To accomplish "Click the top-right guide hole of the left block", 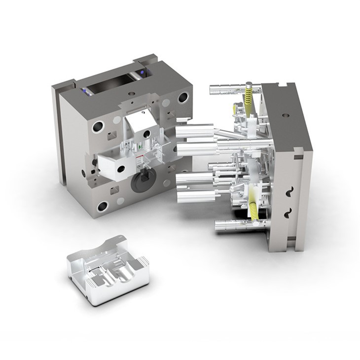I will click(182, 97).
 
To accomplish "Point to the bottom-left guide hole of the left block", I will click(102, 206).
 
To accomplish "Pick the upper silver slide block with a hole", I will click(140, 124).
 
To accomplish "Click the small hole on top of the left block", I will click(131, 93).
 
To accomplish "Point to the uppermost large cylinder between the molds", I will click(195, 131).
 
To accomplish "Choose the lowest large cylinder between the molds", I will click(193, 197).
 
